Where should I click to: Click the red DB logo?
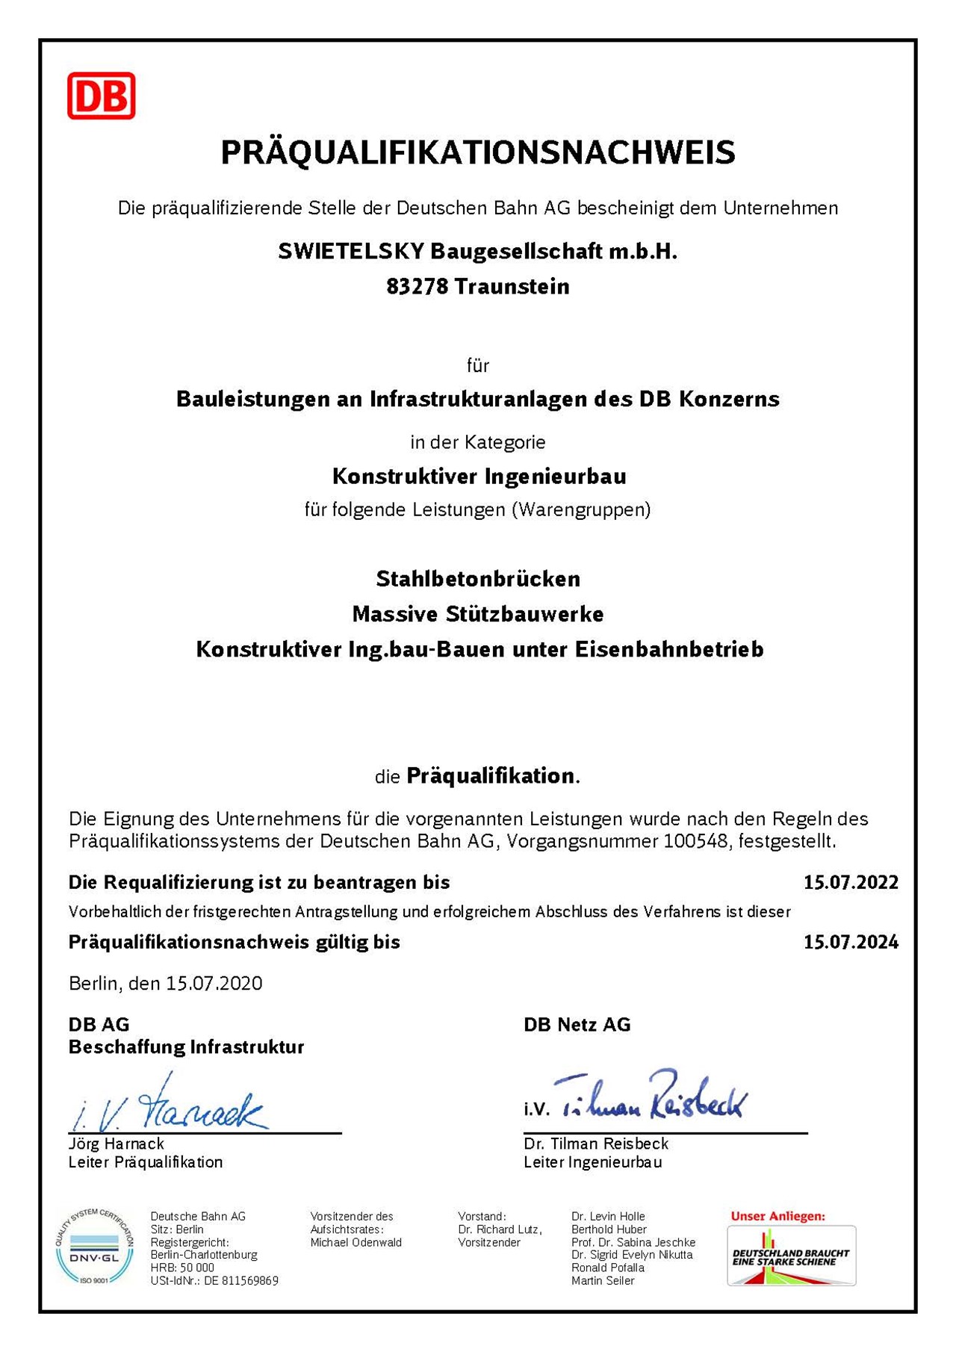pos(101,96)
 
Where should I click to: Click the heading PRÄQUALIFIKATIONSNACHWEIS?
pos(478,152)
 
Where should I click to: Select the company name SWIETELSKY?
pos(351,252)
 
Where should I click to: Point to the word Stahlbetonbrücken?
pos(478,579)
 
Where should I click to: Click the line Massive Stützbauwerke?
pos(478,614)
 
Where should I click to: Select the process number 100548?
pos(695,841)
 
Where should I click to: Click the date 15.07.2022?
pos(851,882)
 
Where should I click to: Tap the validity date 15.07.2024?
pos(851,942)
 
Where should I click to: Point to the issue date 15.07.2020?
pos(214,983)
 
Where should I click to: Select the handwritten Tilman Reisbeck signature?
pos(650,1097)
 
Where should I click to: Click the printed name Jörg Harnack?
pos(117,1144)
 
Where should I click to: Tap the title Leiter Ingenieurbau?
pos(593,1162)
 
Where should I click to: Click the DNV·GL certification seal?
pos(95,1247)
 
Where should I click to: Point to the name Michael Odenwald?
pos(356,1242)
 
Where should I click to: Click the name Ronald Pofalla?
pos(608,1268)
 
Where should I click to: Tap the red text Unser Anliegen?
pos(777,1216)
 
